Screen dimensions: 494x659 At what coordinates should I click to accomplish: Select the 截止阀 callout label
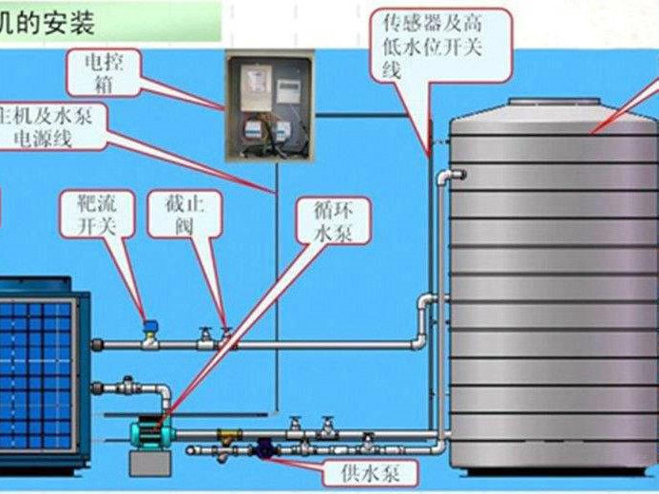(184, 215)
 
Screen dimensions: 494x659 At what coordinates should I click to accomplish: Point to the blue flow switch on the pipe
(149, 327)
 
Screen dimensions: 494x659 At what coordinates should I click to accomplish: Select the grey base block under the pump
(148, 462)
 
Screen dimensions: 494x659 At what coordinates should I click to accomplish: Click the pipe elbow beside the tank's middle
(424, 304)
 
